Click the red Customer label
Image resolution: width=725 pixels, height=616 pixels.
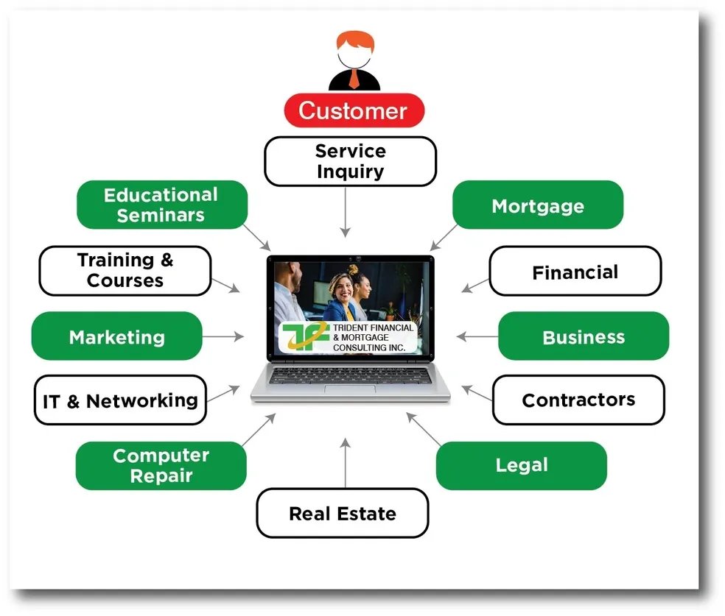(x=354, y=110)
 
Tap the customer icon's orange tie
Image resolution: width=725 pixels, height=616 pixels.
(x=354, y=77)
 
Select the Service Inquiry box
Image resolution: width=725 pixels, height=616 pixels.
(x=350, y=161)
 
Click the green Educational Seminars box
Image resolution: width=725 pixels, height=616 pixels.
(x=161, y=205)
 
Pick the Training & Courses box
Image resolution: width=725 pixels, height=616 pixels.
(x=125, y=270)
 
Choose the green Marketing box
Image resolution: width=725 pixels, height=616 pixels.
(x=116, y=336)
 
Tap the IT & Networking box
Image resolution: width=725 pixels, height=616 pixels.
(x=120, y=400)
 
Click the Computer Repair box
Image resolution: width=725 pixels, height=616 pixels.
(x=161, y=465)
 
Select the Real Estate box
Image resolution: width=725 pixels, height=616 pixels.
(x=342, y=513)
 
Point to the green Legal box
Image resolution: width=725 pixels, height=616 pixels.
(x=521, y=465)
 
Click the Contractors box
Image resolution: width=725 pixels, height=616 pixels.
(x=578, y=400)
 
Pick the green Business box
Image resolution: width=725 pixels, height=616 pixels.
(x=583, y=336)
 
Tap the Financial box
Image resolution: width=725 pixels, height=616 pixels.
(x=575, y=272)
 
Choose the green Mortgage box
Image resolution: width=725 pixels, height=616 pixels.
(x=537, y=205)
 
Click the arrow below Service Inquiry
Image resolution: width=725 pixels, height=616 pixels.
(x=345, y=213)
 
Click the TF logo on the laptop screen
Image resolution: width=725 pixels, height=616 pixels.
(x=302, y=336)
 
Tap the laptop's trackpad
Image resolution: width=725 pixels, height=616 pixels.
(x=350, y=388)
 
